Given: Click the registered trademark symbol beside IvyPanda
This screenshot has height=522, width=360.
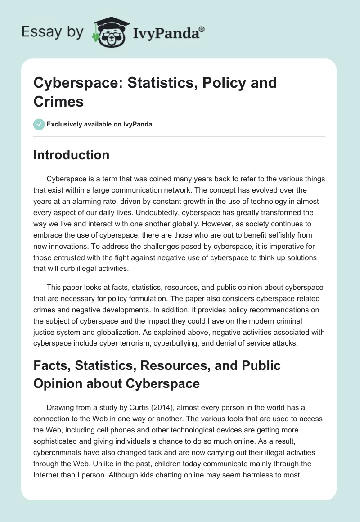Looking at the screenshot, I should point(202,29).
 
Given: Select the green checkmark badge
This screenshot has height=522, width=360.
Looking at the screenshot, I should point(39,124).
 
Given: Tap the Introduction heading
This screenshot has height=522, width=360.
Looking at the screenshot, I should point(72,155).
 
